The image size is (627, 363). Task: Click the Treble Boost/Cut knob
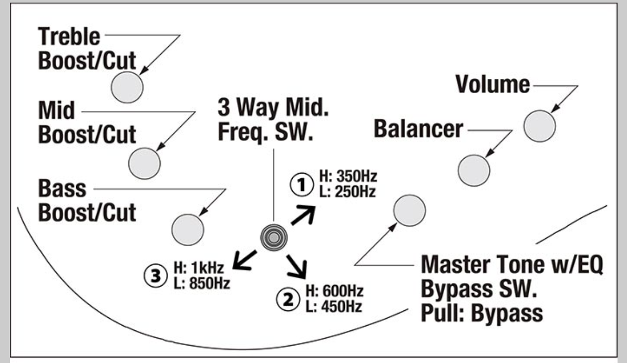point(128,87)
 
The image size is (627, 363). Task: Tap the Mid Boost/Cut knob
point(145,164)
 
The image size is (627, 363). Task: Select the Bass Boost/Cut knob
point(188,229)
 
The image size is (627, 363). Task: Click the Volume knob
point(540,126)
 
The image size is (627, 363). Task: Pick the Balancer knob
point(474,170)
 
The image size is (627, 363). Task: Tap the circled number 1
point(301,185)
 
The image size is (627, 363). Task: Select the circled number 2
point(286,300)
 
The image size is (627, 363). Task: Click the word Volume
point(492,84)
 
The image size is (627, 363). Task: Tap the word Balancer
point(419,129)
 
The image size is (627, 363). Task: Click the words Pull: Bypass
point(481,314)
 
